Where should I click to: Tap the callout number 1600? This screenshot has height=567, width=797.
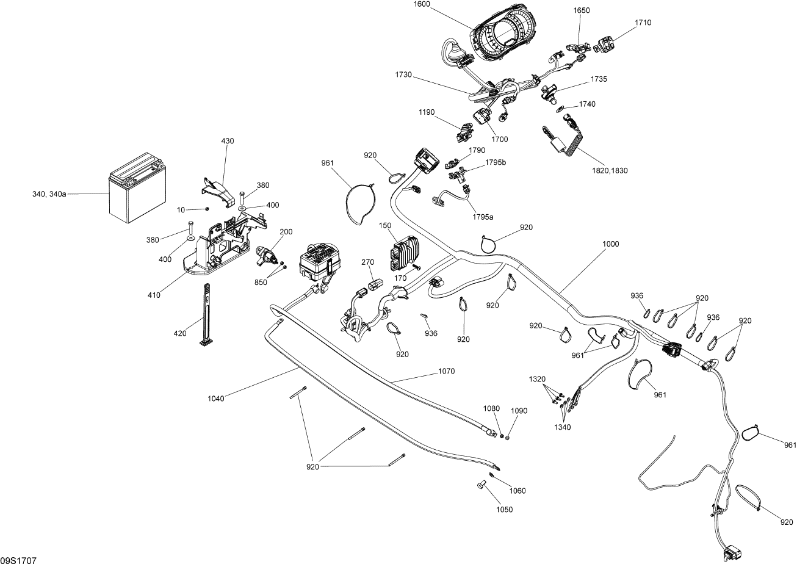click(x=421, y=4)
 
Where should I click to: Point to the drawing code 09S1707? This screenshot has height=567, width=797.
click(x=16, y=560)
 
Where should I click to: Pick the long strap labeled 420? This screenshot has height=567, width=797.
click(x=206, y=314)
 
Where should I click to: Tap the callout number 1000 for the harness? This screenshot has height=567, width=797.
click(x=610, y=244)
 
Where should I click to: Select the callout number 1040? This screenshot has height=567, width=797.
click(x=216, y=399)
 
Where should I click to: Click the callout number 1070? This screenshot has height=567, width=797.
click(x=447, y=370)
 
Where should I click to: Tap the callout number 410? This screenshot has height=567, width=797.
click(x=154, y=295)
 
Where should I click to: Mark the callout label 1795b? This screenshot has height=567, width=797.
click(x=496, y=162)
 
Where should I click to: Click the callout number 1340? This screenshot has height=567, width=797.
click(x=562, y=427)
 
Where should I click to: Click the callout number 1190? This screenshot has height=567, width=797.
click(x=427, y=112)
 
